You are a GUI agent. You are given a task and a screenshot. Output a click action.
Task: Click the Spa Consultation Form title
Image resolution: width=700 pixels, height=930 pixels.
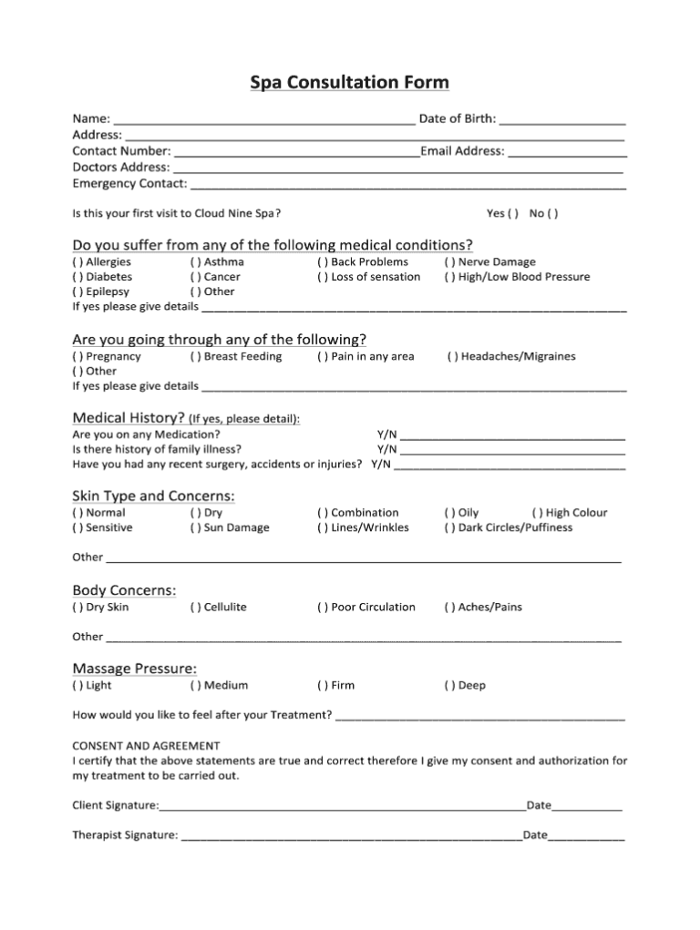(350, 83)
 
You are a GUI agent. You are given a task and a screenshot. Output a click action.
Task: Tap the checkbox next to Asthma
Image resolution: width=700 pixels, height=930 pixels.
(195, 262)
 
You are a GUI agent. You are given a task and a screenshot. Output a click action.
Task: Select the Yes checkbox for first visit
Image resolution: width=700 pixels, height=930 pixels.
(514, 214)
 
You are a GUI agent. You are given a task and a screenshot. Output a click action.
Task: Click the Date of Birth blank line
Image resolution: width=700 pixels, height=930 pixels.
(562, 118)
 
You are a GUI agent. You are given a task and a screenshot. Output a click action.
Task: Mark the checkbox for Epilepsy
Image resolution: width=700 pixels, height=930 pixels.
(77, 292)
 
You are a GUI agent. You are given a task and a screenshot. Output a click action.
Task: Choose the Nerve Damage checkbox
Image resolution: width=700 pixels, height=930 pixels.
(449, 262)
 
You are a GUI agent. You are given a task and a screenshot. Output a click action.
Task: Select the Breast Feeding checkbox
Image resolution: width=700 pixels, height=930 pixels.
(195, 357)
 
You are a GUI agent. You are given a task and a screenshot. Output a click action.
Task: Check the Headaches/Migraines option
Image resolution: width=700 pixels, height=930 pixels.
(452, 357)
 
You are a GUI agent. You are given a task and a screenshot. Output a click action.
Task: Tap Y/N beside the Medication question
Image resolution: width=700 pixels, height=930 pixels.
(386, 434)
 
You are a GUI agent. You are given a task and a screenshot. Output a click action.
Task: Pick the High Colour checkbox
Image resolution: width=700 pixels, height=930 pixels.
(538, 513)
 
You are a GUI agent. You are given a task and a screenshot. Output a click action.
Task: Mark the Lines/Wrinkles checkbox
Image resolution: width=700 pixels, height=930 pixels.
(323, 527)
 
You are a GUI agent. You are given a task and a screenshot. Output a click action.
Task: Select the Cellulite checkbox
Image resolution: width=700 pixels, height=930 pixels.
(195, 608)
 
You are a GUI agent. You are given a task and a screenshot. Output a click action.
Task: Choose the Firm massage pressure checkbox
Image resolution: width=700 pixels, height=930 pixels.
(323, 686)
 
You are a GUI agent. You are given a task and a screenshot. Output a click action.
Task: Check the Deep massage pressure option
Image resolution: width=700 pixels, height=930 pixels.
(449, 686)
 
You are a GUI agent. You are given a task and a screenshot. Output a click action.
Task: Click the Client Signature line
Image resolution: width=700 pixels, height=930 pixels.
(342, 805)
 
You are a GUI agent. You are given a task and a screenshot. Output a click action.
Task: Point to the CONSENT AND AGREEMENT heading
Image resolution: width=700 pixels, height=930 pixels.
(146, 745)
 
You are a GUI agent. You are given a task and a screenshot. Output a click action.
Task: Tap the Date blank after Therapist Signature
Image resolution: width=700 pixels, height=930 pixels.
(586, 834)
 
